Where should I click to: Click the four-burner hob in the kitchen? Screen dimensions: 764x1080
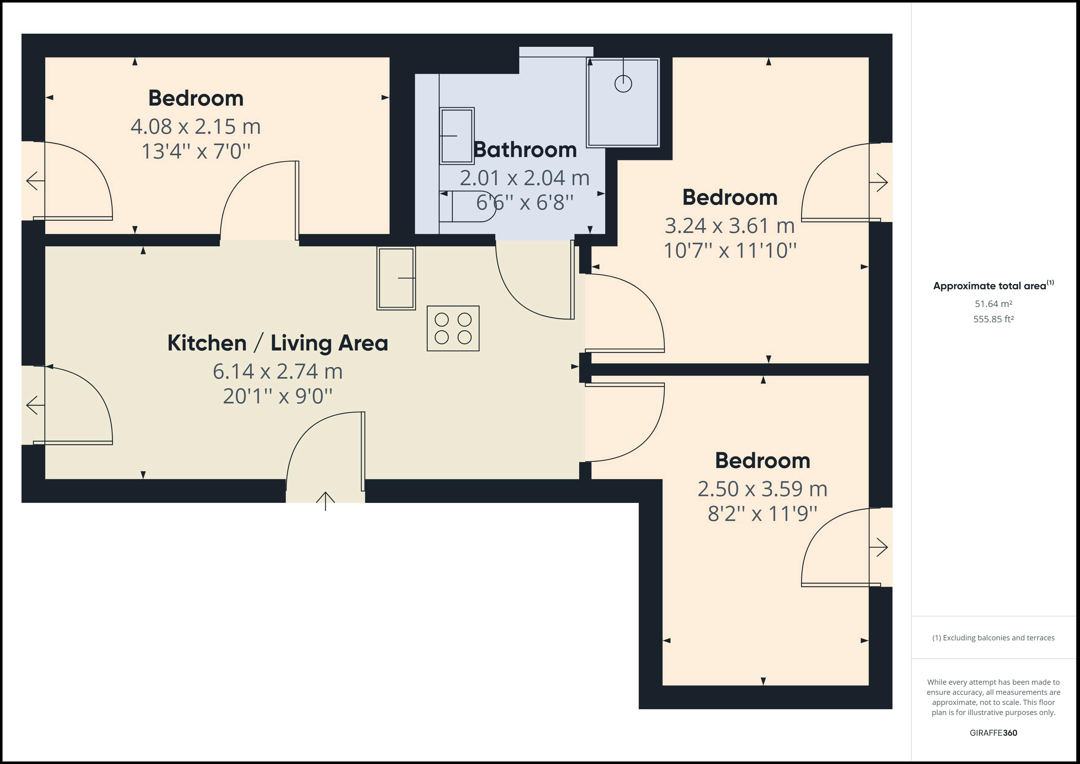click(x=453, y=328)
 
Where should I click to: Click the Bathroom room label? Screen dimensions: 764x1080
click(x=525, y=150)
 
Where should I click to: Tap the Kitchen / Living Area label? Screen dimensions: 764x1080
click(x=278, y=343)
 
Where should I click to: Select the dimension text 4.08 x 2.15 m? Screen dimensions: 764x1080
click(x=195, y=126)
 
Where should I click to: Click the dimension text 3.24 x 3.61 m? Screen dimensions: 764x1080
click(x=729, y=226)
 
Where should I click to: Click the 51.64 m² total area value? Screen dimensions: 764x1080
click(x=993, y=304)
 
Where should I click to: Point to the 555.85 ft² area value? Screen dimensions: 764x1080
click(x=993, y=319)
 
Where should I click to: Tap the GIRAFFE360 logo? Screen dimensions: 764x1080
click(x=993, y=732)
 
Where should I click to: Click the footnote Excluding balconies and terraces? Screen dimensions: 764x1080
click(x=993, y=638)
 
